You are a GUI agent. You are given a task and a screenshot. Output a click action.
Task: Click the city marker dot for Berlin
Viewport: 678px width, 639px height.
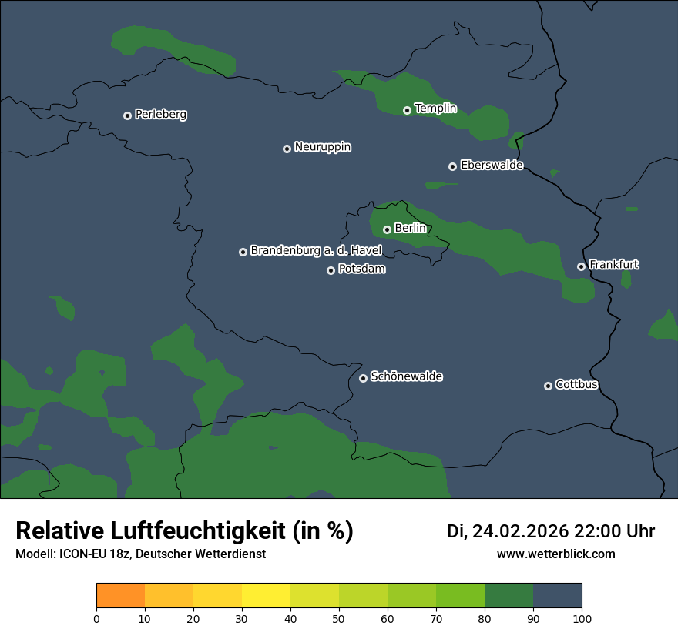pos(387,229)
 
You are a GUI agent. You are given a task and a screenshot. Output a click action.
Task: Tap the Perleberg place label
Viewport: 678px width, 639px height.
pos(160,115)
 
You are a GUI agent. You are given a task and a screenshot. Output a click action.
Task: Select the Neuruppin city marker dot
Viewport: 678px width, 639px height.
pos(287,149)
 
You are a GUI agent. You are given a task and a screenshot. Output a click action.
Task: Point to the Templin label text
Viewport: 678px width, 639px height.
pos(435,109)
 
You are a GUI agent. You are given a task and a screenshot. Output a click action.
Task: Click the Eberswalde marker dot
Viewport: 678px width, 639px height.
pos(452,166)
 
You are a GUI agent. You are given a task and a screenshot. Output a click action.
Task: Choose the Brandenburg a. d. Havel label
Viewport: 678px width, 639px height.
pos(316,251)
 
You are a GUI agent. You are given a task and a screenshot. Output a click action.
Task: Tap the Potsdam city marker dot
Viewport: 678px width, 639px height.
pos(331,270)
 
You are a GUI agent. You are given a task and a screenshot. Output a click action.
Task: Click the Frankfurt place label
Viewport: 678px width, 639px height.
pos(613,265)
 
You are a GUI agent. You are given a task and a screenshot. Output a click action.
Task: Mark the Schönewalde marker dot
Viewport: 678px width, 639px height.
pos(363,378)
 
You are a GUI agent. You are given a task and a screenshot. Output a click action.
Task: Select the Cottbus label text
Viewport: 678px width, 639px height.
pos(576,384)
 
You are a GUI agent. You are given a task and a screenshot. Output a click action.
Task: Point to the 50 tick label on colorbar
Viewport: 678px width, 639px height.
pos(339,618)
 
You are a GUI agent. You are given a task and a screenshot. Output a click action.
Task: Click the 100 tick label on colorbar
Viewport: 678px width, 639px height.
pos(582,618)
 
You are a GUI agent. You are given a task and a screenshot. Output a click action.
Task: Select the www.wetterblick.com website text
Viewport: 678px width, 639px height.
pos(555,554)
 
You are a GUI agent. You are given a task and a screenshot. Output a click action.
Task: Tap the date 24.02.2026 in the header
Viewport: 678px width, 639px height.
pos(520,531)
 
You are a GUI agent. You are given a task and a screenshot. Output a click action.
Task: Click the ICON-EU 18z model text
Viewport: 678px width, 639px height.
pos(93,554)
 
